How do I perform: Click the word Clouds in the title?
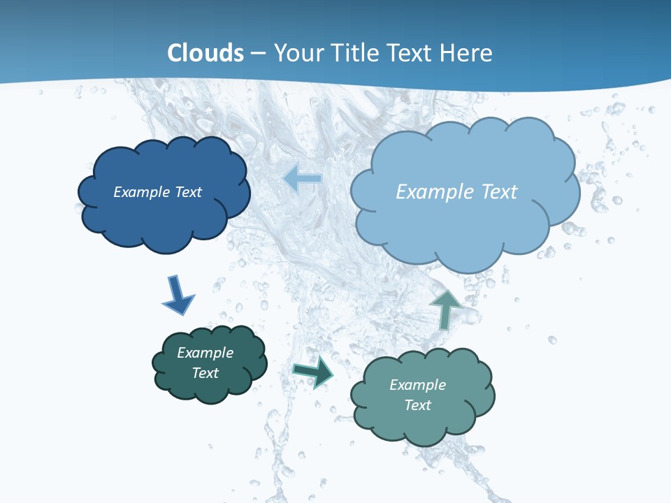tap(205, 52)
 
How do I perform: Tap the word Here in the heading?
tap(466, 52)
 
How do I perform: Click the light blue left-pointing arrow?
tap(303, 180)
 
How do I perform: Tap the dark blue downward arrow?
tap(178, 295)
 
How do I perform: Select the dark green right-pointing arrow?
tap(313, 371)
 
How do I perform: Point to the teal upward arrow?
tap(445, 308)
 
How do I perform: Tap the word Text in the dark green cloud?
tap(205, 373)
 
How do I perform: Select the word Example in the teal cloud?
tap(417, 385)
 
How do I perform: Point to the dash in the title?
tap(258, 53)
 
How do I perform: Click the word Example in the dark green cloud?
tap(205, 353)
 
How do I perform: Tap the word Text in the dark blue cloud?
tap(188, 192)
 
